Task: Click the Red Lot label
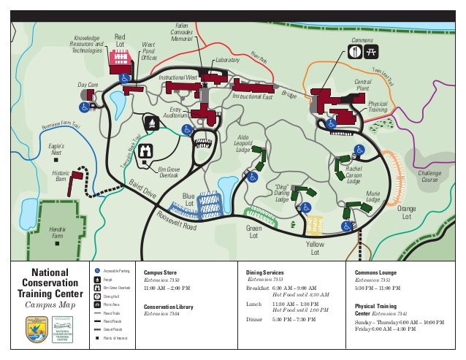pyautogui.click(x=121, y=42)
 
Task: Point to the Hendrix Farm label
pyautogui.click(x=57, y=233)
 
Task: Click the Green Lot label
pyautogui.click(x=253, y=232)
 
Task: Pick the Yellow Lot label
pyautogui.click(x=315, y=248)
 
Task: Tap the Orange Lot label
pyautogui.click(x=407, y=213)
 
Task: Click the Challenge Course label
pyautogui.click(x=429, y=177)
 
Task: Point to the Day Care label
pyautogui.click(x=88, y=85)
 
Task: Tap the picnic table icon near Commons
pyautogui.click(x=370, y=51)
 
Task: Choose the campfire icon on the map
pyautogui.click(x=152, y=122)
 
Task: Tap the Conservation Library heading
pyautogui.click(x=169, y=307)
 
